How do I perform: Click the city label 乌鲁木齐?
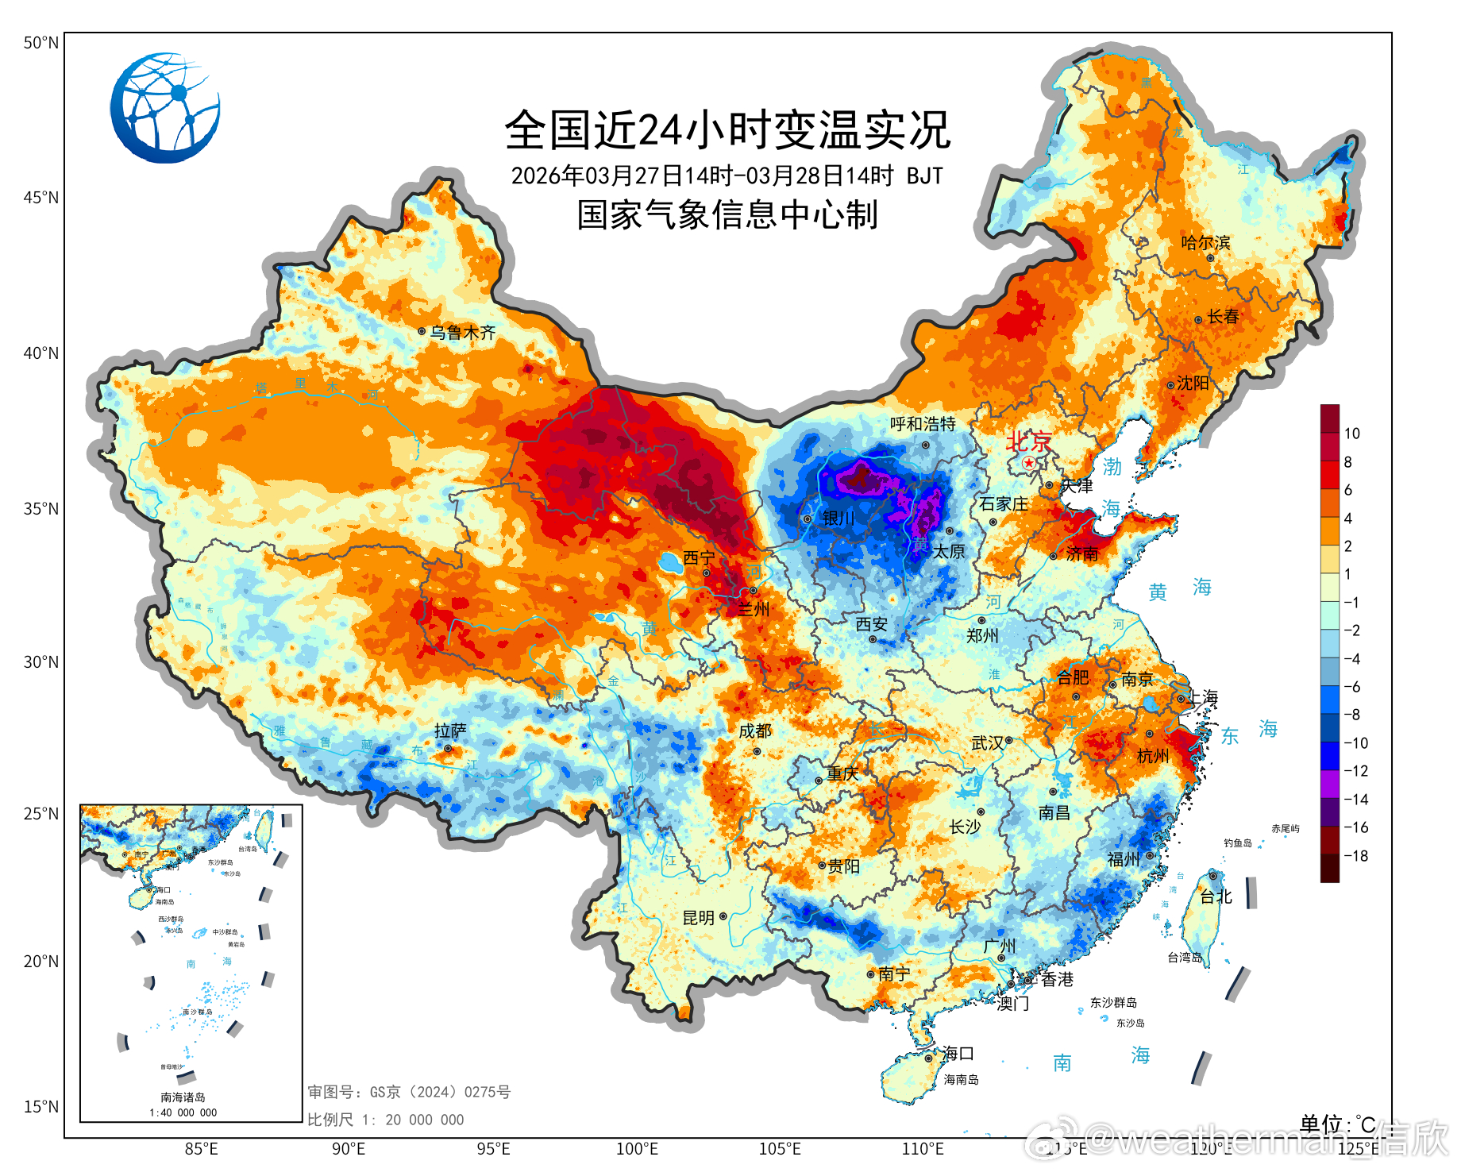462,333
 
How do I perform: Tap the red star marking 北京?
1029,462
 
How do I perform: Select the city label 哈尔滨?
1205,242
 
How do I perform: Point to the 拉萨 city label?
450,731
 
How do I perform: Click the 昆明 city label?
699,918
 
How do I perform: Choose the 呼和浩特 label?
923,424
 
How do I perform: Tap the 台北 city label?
1216,896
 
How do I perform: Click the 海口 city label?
958,1054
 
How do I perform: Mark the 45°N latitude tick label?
40,198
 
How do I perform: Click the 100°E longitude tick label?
637,1149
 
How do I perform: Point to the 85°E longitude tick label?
201,1149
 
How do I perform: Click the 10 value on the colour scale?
1351,434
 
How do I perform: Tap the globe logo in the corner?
165,108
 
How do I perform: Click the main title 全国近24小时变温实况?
727,130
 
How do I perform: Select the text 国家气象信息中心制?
727,214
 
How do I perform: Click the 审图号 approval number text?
409,1093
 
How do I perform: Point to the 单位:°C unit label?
1337,1124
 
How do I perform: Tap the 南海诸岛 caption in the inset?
183,1097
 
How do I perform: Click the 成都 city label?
754,731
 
